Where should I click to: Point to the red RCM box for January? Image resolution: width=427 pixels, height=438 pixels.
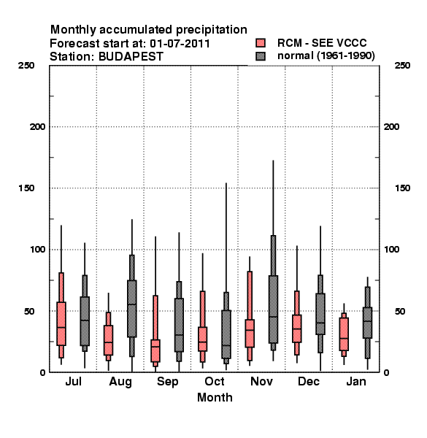point(344,334)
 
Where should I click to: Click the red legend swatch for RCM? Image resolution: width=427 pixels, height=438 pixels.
point(261,43)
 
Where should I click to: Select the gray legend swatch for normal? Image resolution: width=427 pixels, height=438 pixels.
point(261,56)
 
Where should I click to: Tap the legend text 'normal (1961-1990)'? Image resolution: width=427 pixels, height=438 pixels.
point(326,56)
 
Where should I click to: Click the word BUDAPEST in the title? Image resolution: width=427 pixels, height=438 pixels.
point(131,57)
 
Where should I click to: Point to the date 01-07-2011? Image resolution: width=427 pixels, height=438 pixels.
point(180,43)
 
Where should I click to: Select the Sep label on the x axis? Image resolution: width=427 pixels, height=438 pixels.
point(168,382)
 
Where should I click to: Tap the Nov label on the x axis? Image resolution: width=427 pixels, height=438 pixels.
point(261,381)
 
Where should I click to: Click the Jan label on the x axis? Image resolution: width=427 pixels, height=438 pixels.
point(356,381)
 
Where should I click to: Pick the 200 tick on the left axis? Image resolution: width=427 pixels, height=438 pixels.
point(38,127)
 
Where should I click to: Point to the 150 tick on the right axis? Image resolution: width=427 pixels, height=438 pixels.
point(402,188)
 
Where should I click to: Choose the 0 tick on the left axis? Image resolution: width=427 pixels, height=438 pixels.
point(42,372)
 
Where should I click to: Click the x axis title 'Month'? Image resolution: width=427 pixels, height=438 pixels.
point(215,398)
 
